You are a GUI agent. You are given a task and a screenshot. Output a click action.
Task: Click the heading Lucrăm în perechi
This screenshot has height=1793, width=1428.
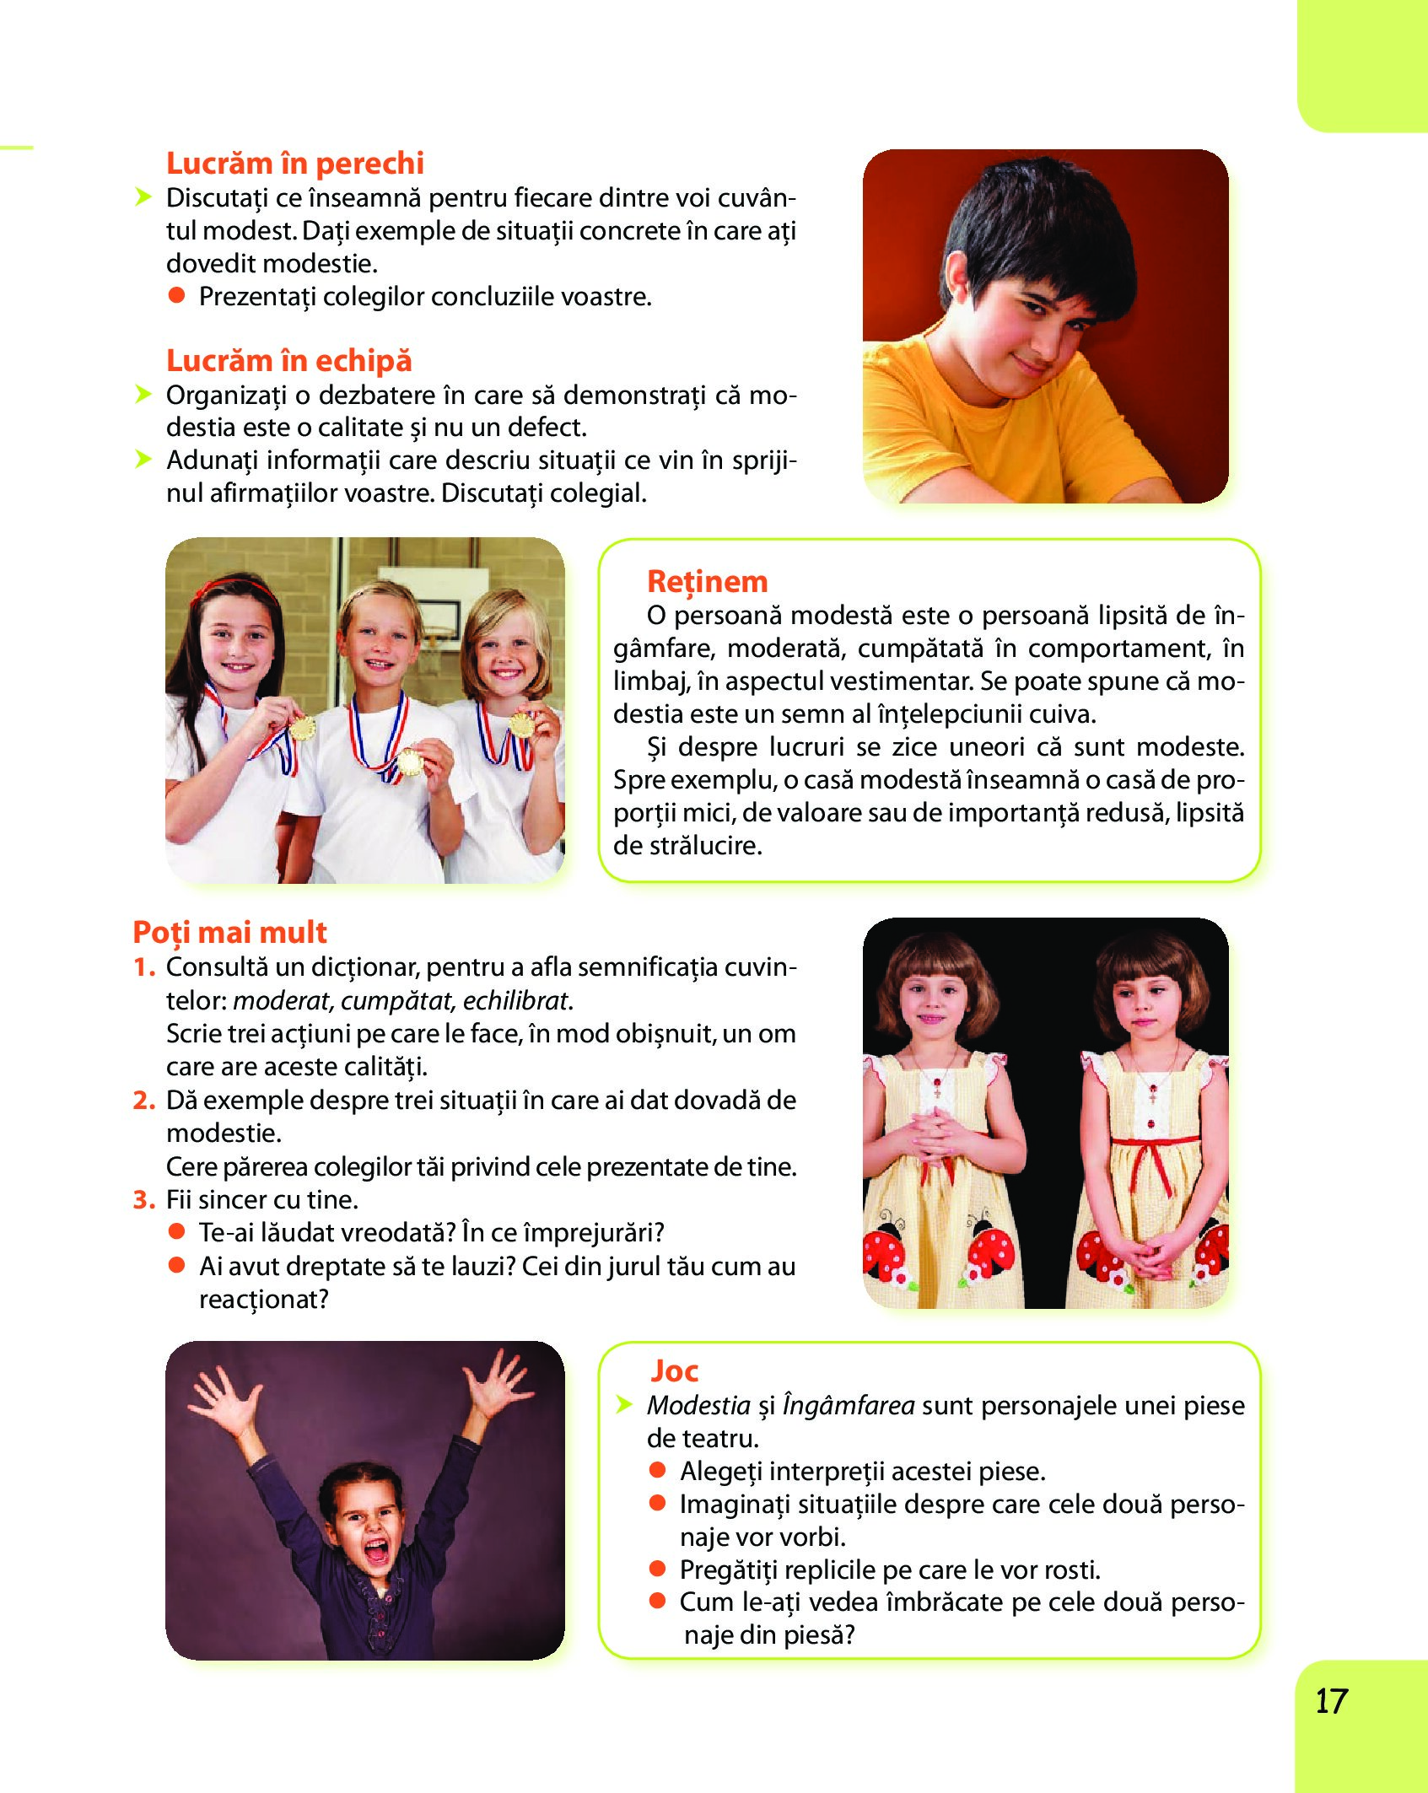click(294, 163)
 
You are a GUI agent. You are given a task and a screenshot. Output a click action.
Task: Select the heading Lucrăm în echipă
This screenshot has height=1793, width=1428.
click(288, 360)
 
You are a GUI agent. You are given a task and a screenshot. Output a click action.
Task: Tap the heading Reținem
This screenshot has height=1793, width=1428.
click(707, 581)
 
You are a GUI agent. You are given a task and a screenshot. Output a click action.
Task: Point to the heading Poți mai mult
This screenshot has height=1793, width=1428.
click(229, 932)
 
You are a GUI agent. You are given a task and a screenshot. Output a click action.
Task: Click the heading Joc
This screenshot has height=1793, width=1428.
click(674, 1370)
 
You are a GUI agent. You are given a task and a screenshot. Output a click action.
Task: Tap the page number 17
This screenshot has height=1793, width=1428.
click(1332, 1701)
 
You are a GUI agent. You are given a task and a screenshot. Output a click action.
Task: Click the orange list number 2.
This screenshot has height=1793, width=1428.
click(143, 1101)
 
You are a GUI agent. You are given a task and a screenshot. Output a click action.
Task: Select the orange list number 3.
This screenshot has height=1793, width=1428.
click(143, 1200)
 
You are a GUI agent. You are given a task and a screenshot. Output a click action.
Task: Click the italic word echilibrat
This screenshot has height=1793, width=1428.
click(516, 1001)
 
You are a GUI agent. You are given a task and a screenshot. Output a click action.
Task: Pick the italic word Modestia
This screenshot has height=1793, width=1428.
click(698, 1405)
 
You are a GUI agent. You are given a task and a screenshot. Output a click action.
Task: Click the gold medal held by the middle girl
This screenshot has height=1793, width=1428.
click(411, 762)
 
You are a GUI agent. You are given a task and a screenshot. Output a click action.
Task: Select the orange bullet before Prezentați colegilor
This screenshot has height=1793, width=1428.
click(176, 295)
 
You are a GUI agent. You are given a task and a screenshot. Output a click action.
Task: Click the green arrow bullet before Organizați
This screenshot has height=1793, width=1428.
click(143, 394)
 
